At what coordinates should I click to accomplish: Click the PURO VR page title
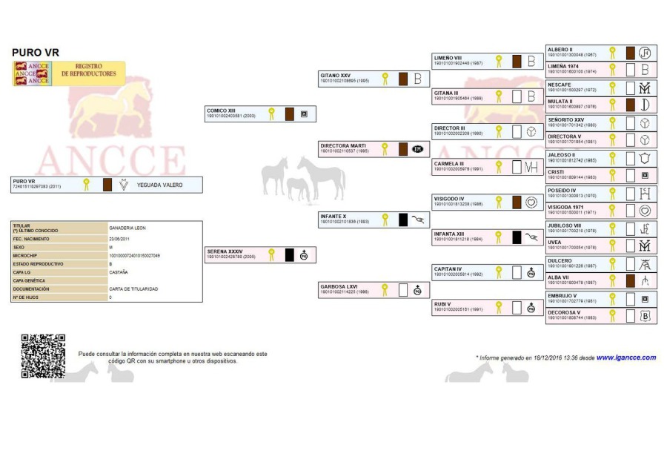[x=36, y=53]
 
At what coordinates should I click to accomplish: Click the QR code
[x=43, y=356]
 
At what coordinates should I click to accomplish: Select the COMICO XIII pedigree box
[x=260, y=113]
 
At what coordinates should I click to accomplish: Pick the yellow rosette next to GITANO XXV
[x=385, y=78]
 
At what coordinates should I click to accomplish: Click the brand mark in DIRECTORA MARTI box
[x=417, y=149]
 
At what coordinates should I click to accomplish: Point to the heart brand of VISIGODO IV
[x=531, y=202]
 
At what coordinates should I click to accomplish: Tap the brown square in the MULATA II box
[x=630, y=105]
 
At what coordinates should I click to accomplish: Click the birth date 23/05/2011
[x=120, y=240]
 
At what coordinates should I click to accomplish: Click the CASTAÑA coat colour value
[x=119, y=272]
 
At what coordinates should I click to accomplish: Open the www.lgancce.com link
[x=626, y=357]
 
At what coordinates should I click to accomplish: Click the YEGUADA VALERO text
[x=159, y=185]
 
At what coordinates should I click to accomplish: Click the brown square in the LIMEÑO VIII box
[x=517, y=62]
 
